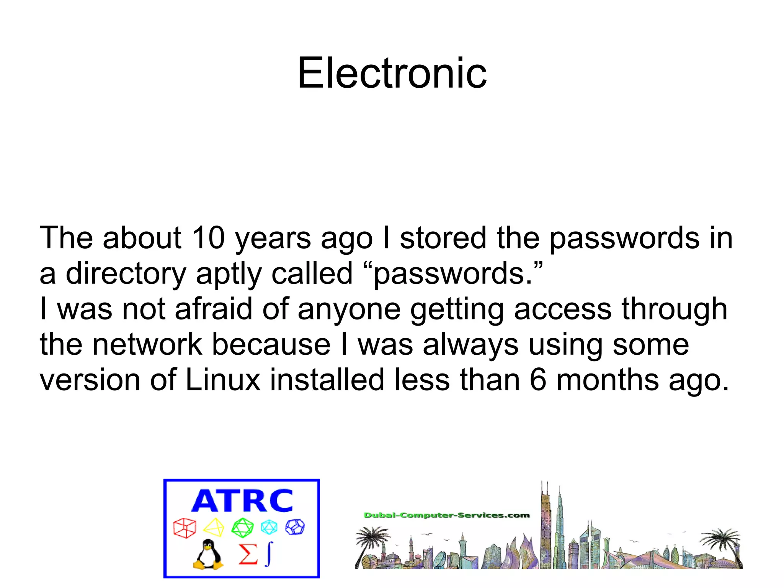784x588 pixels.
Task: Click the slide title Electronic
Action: [392, 73]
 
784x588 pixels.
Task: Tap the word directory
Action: [126, 274]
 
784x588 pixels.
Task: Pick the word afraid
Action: [213, 309]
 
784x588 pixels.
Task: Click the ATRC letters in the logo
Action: [242, 501]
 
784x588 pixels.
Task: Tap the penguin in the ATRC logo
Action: [208, 554]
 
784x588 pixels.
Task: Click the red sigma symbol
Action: [248, 554]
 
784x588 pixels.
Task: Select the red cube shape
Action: [185, 528]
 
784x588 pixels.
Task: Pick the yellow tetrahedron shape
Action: [214, 527]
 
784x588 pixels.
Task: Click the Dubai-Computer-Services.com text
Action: [447, 515]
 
